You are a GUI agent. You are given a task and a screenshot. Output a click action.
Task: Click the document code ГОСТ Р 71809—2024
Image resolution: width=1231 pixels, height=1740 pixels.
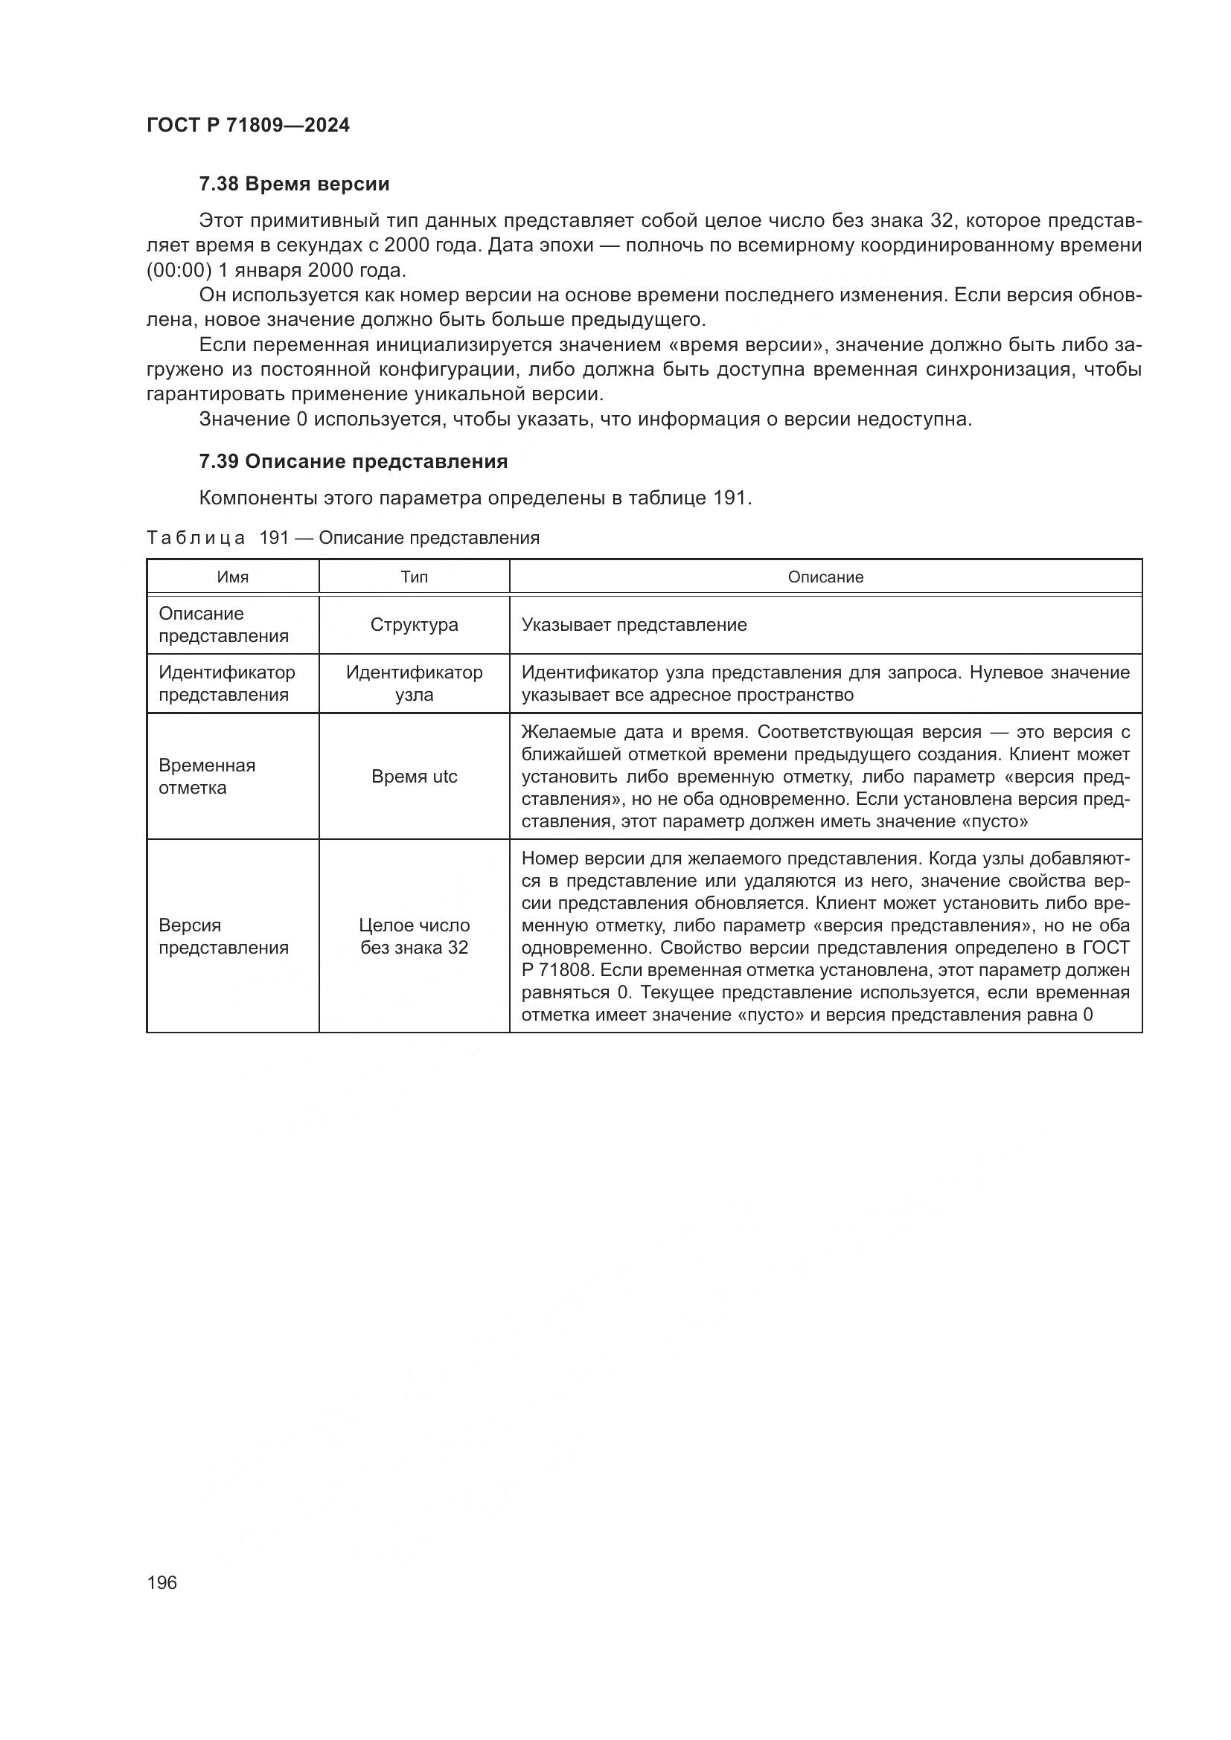tap(248, 126)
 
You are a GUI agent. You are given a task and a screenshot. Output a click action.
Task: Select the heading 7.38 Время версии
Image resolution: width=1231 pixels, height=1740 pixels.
tap(294, 184)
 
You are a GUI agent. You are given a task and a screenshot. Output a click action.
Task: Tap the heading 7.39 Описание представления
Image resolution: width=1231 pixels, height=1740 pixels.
tap(354, 461)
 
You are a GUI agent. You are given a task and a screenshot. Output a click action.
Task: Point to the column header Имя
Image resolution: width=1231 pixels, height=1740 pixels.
tap(233, 577)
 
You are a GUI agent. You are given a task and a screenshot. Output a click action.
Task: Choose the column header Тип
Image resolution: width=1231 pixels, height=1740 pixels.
tap(414, 577)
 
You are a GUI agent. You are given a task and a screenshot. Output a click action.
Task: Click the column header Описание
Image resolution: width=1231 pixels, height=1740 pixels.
tap(825, 577)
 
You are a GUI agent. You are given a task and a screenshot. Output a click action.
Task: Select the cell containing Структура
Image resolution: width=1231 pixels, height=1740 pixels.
tap(414, 625)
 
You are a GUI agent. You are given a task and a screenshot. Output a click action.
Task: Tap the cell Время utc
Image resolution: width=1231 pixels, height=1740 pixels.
tap(414, 777)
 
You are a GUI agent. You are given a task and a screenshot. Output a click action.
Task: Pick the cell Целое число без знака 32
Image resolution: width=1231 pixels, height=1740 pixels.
tap(414, 937)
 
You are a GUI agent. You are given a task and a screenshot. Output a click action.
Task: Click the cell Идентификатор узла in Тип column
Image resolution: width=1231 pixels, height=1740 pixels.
tap(414, 684)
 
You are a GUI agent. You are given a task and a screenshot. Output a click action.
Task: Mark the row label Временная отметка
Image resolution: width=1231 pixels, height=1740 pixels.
tap(207, 777)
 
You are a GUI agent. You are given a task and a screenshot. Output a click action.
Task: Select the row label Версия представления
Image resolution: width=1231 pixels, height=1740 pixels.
tap(223, 937)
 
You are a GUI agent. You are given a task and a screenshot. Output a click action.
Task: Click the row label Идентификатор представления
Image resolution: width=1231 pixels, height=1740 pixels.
tap(226, 684)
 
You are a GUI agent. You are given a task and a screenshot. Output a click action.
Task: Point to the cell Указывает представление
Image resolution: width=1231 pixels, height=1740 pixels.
tap(633, 625)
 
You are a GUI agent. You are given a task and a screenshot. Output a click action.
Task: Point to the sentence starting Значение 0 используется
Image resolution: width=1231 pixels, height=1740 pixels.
tap(584, 419)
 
